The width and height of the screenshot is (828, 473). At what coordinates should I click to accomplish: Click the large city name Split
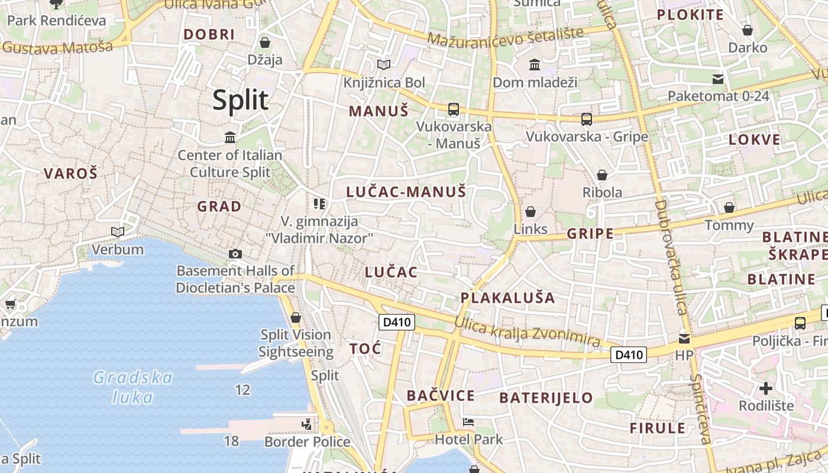point(241,100)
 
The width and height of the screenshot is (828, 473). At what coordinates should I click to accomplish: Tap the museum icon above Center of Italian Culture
point(230,138)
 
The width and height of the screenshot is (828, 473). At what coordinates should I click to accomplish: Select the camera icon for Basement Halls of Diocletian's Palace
point(235,254)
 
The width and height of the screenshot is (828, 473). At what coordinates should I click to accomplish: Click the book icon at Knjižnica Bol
point(384,64)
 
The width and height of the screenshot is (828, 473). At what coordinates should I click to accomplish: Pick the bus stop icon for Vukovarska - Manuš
point(454,109)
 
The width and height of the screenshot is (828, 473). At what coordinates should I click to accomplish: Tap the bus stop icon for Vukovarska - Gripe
point(586,119)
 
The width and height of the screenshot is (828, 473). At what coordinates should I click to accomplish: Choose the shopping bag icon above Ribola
point(602,175)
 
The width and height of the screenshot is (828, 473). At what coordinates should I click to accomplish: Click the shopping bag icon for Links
point(531,212)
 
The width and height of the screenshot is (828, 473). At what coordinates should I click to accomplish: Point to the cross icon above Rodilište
point(766,388)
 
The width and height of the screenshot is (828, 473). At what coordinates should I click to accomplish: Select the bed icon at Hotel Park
point(468,422)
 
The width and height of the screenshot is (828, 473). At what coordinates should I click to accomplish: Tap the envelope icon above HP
point(684,339)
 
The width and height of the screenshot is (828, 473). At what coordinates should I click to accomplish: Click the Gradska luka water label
point(133,387)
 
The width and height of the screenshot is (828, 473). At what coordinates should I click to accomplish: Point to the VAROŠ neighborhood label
point(70,174)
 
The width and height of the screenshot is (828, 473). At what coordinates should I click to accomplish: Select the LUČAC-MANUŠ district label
point(406,192)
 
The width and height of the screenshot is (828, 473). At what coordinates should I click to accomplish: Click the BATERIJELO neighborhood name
point(546,397)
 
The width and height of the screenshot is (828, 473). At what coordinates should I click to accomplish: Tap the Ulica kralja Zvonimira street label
point(527,332)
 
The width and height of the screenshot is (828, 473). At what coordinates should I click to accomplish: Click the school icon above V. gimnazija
point(319,204)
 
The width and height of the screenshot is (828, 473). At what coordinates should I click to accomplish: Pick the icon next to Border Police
point(306,424)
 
